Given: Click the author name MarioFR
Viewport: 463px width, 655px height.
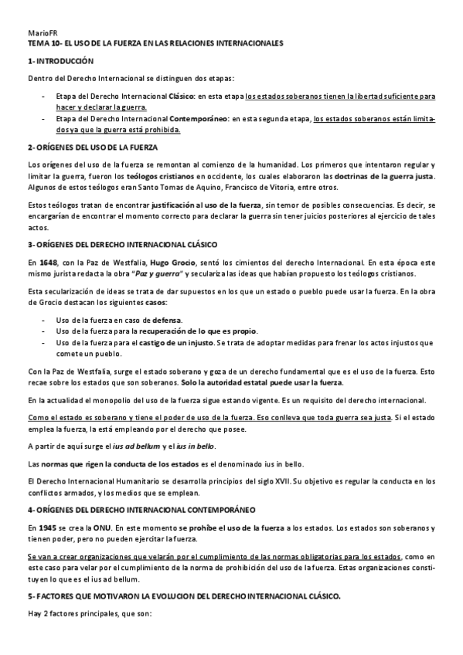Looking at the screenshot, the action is pos(39,34).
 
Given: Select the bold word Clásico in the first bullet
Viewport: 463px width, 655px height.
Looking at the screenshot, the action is pos(182,97).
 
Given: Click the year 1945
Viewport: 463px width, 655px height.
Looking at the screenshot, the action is pos(46,527).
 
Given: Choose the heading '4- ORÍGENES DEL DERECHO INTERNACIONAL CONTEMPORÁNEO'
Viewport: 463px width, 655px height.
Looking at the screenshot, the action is pos(147,510).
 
